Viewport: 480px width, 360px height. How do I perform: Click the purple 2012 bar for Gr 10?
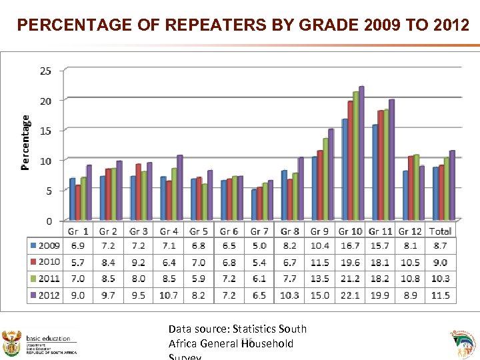coord(361,153)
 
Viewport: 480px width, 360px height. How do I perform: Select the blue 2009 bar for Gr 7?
coord(254,205)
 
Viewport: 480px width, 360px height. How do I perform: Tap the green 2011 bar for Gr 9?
coord(325,179)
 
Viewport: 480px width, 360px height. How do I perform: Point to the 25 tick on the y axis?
coord(47,71)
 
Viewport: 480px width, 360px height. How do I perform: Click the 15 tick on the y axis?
coord(47,131)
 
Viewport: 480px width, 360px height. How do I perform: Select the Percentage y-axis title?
coord(25,142)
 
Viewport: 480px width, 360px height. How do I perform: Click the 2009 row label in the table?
coord(45,246)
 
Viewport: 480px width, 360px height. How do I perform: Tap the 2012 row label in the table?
coord(45,295)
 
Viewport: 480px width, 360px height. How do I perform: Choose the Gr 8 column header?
coord(289,231)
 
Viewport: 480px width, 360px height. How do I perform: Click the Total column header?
coord(440,231)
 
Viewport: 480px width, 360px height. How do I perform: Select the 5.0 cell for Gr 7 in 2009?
coord(259,246)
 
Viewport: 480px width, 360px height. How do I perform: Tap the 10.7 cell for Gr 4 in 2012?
coord(169,295)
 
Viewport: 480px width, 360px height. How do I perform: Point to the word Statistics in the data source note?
coord(255,329)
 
